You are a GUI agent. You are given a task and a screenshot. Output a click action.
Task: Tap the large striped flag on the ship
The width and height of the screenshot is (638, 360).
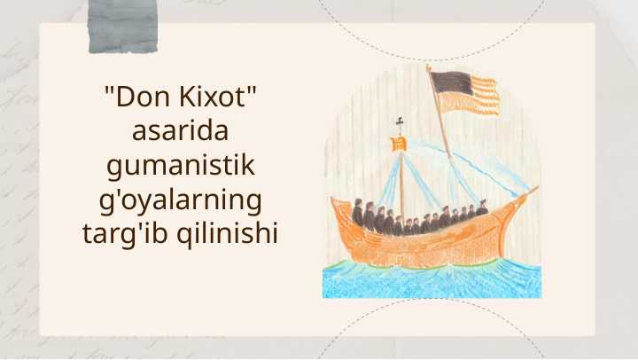tap(464, 92)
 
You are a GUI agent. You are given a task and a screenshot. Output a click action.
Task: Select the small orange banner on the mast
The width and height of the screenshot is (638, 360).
tap(399, 143)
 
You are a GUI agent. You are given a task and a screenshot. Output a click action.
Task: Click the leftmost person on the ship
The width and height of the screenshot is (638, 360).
tap(357, 213)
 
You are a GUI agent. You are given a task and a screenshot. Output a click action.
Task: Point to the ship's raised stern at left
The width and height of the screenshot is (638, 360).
tap(340, 209)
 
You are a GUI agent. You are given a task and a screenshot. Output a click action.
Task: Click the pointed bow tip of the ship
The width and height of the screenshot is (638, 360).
tap(533, 189)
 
